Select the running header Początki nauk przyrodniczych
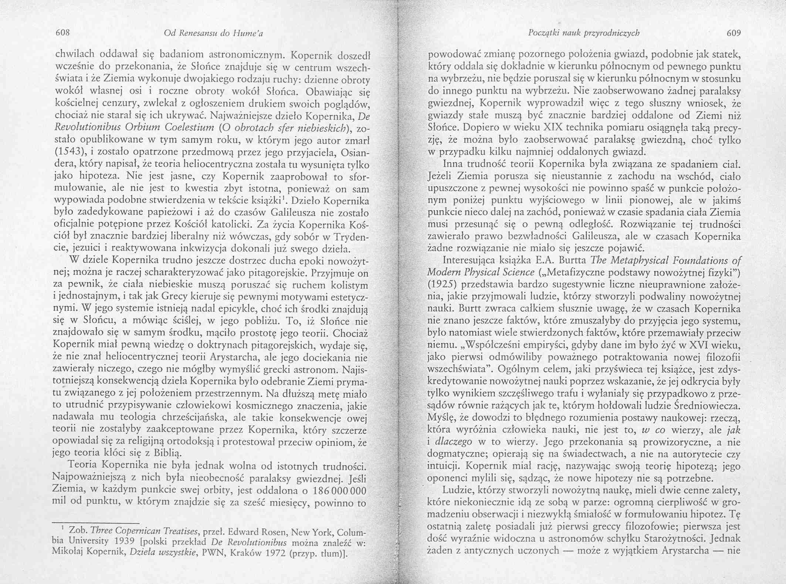(x=584, y=33)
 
